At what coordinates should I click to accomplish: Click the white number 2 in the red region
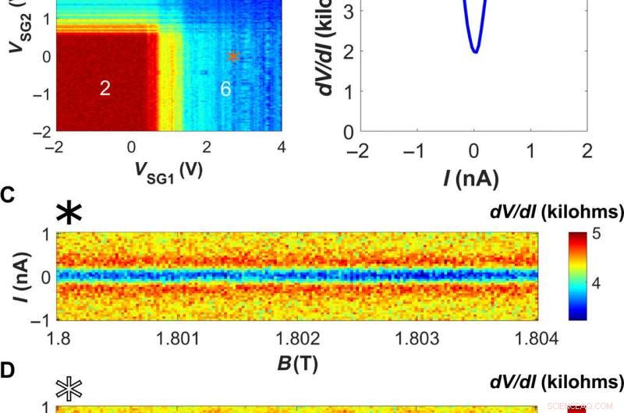point(105,88)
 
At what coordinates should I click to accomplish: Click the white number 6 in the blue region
point(225,89)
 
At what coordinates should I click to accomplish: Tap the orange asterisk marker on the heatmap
point(232,56)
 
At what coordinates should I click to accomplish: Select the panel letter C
point(7,196)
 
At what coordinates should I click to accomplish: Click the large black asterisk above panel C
point(69,212)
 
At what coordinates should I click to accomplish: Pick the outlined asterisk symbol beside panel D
point(69,389)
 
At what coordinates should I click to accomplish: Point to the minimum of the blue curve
point(474,51)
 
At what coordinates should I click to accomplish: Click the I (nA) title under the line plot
point(471,178)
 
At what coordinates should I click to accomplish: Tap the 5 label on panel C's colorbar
point(596,235)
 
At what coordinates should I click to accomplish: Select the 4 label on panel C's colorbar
point(596,283)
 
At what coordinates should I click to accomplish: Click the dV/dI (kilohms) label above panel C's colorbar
point(557,212)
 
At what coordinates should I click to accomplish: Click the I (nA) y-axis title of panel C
point(23,277)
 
